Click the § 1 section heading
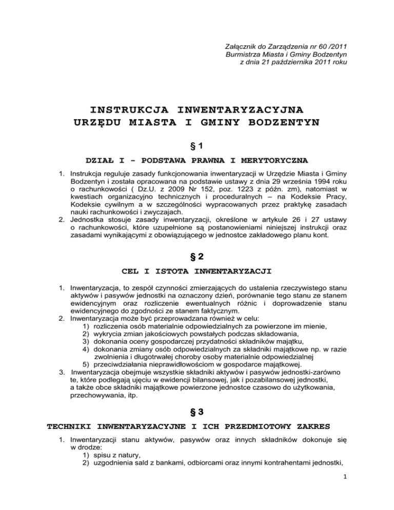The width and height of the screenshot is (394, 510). (196, 146)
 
